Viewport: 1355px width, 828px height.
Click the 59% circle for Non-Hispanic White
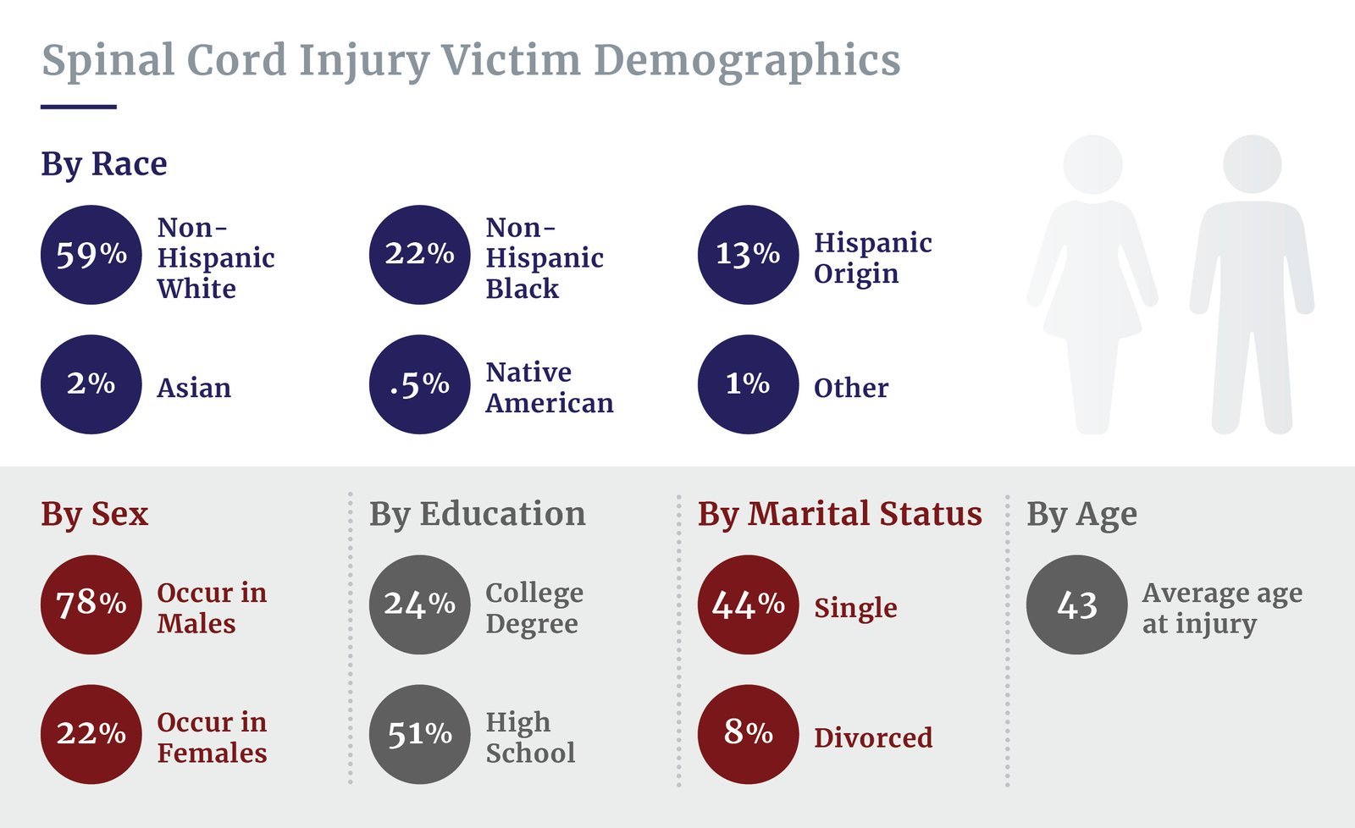coord(91,254)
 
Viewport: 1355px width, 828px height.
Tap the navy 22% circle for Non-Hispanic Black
coord(419,254)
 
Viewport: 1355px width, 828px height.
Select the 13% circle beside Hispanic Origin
coord(748,254)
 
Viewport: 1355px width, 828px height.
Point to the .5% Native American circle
coord(419,384)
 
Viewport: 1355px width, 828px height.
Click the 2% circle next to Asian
coord(91,384)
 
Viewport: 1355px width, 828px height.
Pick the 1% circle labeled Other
coord(748,384)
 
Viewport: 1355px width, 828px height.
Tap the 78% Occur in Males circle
coord(91,604)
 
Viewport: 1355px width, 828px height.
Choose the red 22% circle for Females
coord(91,734)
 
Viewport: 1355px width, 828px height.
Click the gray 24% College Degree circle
coord(419,604)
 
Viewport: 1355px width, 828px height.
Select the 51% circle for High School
coord(419,734)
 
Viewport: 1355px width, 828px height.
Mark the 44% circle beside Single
coord(748,604)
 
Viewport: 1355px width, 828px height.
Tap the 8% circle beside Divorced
coord(748,734)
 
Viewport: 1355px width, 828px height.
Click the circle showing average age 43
coord(1076,604)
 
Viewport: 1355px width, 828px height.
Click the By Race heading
coord(104,163)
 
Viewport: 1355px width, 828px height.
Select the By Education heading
coord(477,514)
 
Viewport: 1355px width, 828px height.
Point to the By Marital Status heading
coord(839,514)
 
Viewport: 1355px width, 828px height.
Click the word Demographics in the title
coord(747,61)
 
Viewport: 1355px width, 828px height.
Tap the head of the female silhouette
coord(1092,164)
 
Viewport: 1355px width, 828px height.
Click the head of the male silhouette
coord(1252,164)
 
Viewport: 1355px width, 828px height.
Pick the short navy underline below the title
coord(78,107)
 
